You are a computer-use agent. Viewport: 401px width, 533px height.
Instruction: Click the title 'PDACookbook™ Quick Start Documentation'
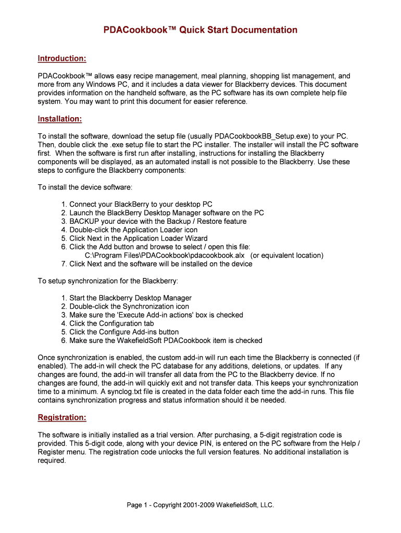(x=200, y=30)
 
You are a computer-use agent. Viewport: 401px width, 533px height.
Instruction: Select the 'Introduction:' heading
(x=62, y=59)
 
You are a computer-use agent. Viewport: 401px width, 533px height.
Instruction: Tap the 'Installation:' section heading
(x=60, y=119)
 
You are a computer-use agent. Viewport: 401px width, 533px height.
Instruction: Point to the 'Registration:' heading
(x=62, y=417)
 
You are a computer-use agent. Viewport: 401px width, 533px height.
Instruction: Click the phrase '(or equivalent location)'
(x=286, y=255)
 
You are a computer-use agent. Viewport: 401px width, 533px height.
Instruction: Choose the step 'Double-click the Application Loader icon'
(x=133, y=230)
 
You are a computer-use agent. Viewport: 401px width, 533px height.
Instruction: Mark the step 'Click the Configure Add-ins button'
(x=124, y=332)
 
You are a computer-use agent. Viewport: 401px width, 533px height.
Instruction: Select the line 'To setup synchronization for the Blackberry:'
(x=108, y=281)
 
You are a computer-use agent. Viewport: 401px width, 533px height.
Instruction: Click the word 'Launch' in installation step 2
(x=82, y=213)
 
